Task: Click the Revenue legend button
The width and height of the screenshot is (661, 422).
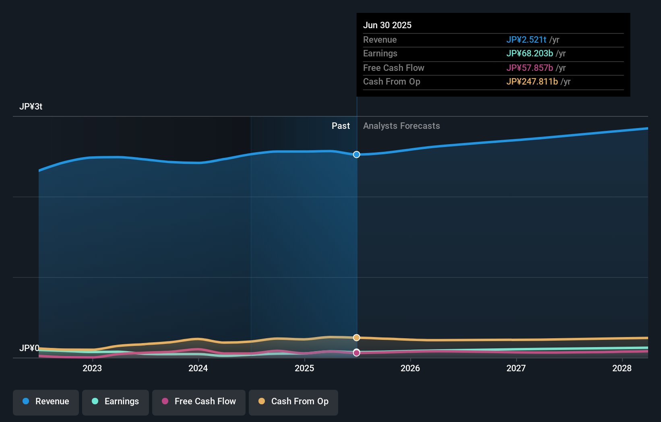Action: pos(46,402)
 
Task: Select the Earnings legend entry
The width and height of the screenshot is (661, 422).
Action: pos(116,402)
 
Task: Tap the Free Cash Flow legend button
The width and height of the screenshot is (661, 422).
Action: pos(199,402)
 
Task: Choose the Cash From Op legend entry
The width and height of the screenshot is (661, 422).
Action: pos(293,402)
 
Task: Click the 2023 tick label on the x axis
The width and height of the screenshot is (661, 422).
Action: pos(92,368)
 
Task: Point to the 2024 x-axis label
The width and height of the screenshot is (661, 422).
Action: pos(198,368)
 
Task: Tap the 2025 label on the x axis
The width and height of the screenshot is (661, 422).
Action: pos(304,368)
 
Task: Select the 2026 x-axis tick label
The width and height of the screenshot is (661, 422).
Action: pos(410,368)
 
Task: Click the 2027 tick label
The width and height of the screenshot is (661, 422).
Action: pos(516,368)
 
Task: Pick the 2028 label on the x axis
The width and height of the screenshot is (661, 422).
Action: pos(622,368)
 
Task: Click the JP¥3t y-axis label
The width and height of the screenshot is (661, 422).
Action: pos(31,107)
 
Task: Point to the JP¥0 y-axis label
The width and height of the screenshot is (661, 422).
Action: pos(29,348)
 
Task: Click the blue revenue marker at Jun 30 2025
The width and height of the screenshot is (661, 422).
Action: pos(357,155)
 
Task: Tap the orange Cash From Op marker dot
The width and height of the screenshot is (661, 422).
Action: pos(357,337)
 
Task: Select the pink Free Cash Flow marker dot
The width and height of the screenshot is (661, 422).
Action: pos(357,353)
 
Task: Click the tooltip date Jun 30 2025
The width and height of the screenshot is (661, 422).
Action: pos(387,25)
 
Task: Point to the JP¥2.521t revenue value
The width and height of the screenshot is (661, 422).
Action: pos(526,40)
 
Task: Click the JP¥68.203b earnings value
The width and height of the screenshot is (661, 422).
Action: pos(529,54)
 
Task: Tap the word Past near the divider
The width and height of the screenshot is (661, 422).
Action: pos(341,126)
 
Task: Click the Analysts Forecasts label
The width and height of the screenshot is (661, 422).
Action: pos(401,126)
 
